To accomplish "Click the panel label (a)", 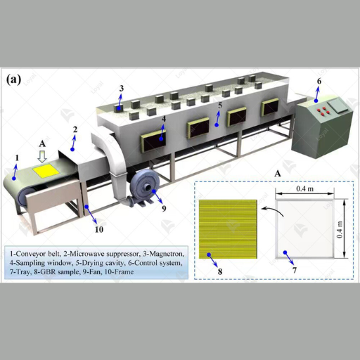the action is pyautogui.click(x=13, y=79).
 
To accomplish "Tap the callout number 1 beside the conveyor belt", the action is pyautogui.click(x=17, y=158).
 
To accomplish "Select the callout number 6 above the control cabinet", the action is pyautogui.click(x=319, y=82).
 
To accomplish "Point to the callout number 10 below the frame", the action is pyautogui.click(x=99, y=229).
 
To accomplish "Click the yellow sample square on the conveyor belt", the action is pyautogui.click(x=46, y=171).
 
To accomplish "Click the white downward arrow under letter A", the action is pyautogui.click(x=42, y=157).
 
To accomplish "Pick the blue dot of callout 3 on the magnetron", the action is pyautogui.click(x=119, y=108).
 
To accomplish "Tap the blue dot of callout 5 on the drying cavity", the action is pyautogui.click(x=217, y=125).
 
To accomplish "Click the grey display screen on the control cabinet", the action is pyautogui.click(x=337, y=105).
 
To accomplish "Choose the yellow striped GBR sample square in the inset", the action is pyautogui.click(x=228, y=229).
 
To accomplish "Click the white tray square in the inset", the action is pyautogui.click(x=304, y=229).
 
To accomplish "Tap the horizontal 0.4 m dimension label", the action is pyautogui.click(x=304, y=188).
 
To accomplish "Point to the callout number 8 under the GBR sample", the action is pyautogui.click(x=220, y=271).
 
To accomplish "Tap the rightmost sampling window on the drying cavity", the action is pyautogui.click(x=271, y=107).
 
